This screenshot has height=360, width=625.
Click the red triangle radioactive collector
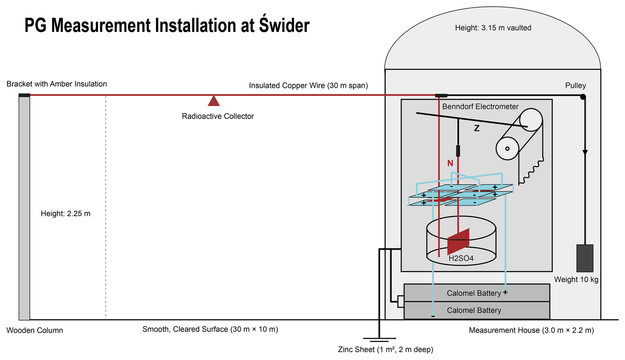[214, 101]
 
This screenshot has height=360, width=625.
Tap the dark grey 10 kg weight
[584, 258]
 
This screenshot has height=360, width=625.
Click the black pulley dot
[583, 97]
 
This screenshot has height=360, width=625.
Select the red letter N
[450, 163]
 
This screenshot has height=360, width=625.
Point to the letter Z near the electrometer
[476, 128]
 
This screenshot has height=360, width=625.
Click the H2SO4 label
[461, 258]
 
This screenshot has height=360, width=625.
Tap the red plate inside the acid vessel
[458, 241]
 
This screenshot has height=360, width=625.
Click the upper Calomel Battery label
[474, 293]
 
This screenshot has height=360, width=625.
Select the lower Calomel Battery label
[474, 310]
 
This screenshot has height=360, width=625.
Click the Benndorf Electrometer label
[480, 107]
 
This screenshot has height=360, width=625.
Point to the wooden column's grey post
[24, 208]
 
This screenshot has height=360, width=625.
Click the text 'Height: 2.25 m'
[65, 214]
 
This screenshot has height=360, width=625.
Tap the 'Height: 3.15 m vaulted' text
[493, 28]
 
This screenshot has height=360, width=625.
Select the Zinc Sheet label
[385, 349]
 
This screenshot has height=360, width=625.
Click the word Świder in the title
[284, 25]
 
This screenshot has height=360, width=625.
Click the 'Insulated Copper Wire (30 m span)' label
[308, 86]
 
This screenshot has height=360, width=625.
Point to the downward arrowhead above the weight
[585, 152]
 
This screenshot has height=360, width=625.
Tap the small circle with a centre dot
[507, 149]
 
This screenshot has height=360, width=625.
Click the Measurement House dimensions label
[531, 330]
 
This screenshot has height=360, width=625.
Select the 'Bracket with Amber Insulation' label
[56, 84]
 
